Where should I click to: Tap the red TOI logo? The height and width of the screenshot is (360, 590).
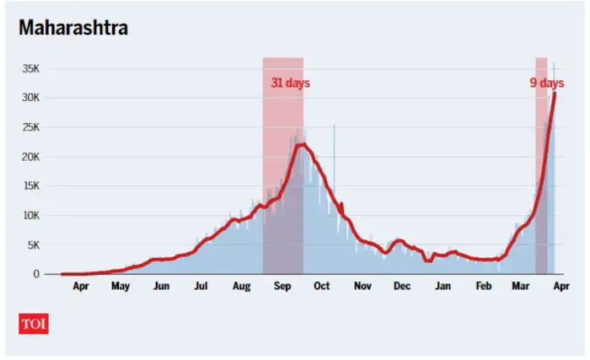[x=33, y=323]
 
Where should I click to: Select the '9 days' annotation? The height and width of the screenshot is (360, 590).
[x=546, y=83]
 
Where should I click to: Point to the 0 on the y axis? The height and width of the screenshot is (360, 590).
[x=36, y=274]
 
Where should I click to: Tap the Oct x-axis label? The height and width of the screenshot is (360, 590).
[x=321, y=287]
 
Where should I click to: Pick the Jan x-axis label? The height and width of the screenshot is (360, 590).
[x=442, y=287]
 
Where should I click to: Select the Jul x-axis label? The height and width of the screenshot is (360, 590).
[x=201, y=287]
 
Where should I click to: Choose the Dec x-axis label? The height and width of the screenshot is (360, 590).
[x=402, y=287]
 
